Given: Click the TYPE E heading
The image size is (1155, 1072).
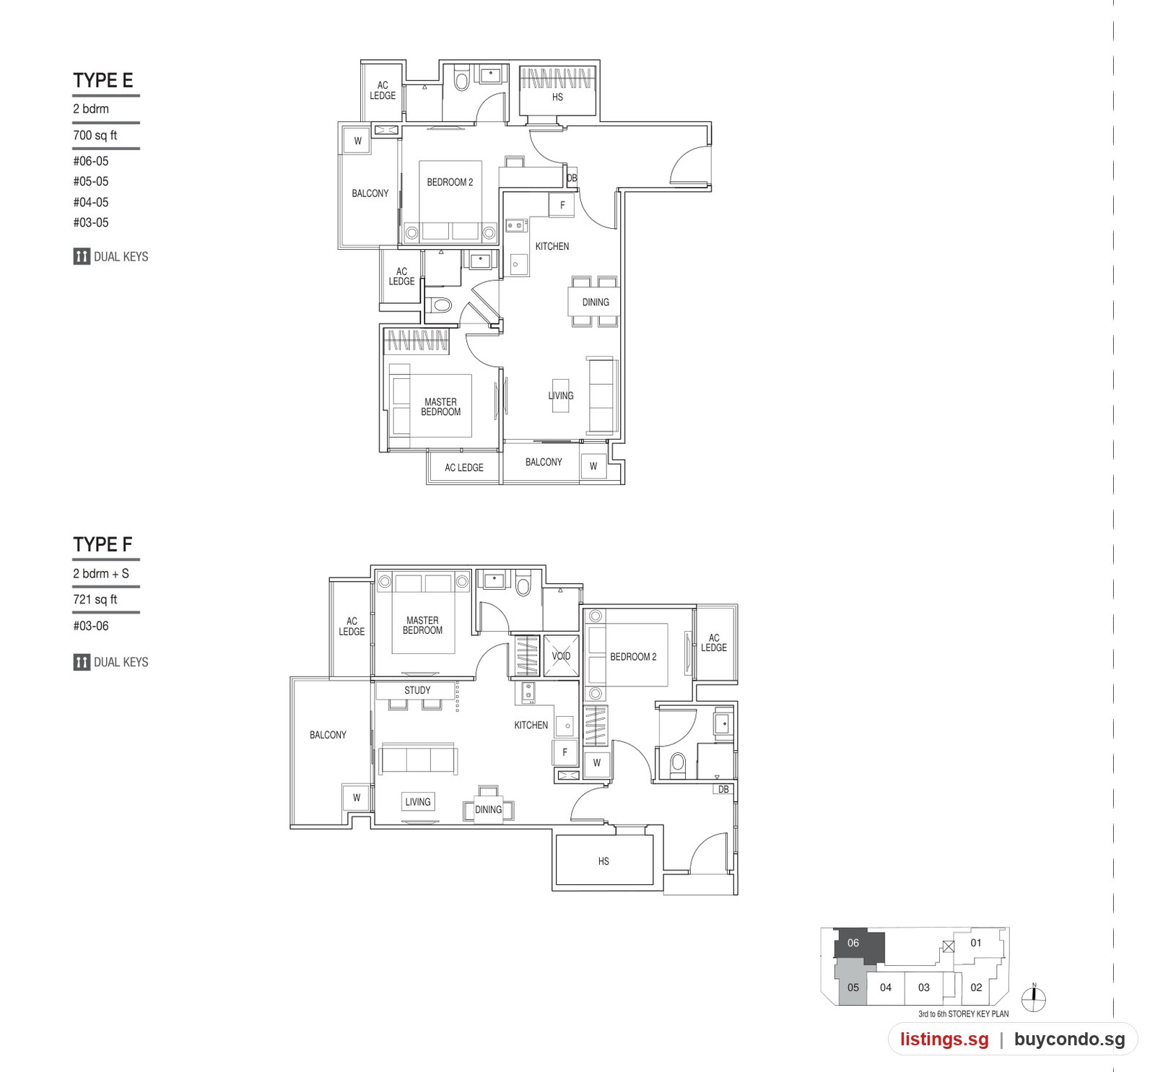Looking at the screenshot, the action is click(x=103, y=80).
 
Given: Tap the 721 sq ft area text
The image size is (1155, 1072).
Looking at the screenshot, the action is click(x=95, y=599).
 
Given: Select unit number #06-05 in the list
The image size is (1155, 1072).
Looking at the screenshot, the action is click(x=91, y=161).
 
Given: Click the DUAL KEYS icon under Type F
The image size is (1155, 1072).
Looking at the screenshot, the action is click(x=82, y=662).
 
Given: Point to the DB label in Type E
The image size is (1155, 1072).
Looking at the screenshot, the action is click(x=572, y=178).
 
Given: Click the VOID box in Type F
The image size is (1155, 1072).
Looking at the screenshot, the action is click(x=561, y=656).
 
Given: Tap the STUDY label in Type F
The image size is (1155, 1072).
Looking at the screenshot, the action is click(x=417, y=690).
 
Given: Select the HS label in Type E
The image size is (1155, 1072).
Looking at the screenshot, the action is click(x=557, y=97).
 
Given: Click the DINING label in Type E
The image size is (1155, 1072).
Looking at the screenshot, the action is click(x=596, y=302).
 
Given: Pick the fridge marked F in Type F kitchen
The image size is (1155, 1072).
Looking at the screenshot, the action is click(x=565, y=752).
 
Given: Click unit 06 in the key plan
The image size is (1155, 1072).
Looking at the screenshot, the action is click(x=858, y=946).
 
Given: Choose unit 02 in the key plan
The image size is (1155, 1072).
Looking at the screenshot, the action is click(x=976, y=988).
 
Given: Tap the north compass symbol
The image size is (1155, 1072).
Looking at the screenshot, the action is click(x=1034, y=998).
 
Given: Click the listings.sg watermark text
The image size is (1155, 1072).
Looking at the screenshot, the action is click(x=944, y=1039).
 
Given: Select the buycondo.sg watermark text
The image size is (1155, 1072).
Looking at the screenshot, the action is click(x=1070, y=1039).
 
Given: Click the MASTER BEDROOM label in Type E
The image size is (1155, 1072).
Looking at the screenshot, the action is click(x=440, y=407).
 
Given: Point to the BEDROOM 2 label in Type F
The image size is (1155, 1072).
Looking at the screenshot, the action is click(x=633, y=657).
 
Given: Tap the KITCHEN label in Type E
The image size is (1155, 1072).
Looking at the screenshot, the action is click(x=552, y=246).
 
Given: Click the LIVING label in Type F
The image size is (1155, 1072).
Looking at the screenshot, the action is click(x=418, y=801).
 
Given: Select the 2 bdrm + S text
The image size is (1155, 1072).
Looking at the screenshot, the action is click(x=101, y=573).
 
